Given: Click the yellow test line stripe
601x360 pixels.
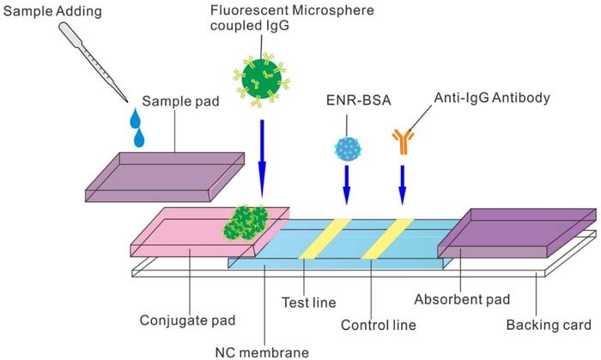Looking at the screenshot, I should (x=325, y=239).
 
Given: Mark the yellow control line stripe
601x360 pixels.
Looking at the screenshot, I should (x=387, y=239).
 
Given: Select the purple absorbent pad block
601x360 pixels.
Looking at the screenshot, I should (x=515, y=233).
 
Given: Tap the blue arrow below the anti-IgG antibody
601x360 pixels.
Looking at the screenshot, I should (x=402, y=185).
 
